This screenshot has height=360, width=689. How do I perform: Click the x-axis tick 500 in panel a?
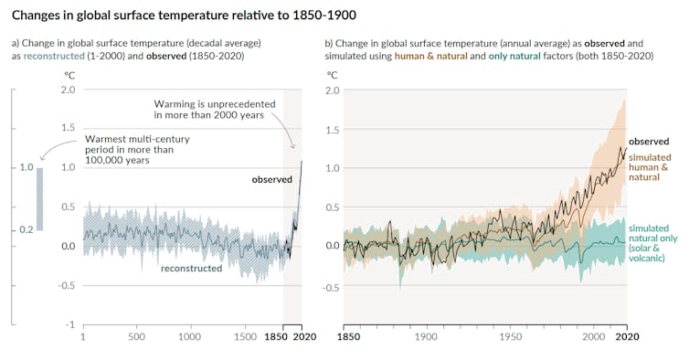click(137, 337)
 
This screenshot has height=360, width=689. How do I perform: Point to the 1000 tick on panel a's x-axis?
click(190, 337)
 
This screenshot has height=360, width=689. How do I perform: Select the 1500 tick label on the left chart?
click(243, 337)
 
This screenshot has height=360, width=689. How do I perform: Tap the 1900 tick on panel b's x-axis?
click(427, 337)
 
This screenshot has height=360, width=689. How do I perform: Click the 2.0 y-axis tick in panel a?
click(68, 90)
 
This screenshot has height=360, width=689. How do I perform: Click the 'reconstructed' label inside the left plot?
click(191, 269)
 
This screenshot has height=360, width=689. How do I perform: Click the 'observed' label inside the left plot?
click(272, 180)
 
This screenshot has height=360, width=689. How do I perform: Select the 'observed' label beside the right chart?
click(650, 142)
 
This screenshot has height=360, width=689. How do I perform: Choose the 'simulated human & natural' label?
click(651, 168)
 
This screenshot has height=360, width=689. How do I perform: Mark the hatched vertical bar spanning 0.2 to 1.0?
click(39, 198)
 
